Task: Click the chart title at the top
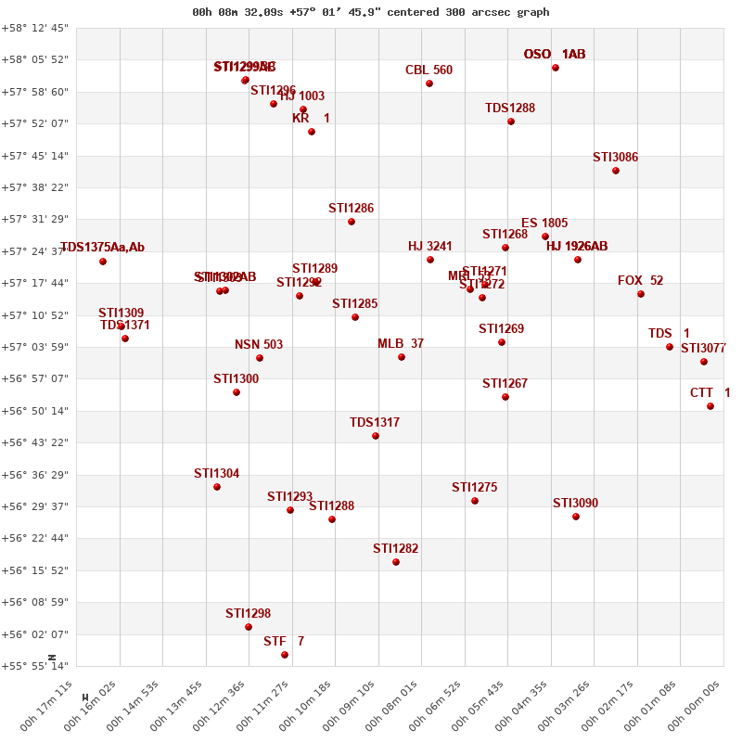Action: (371, 12)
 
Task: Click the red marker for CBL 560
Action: (429, 83)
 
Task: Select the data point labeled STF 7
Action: (285, 655)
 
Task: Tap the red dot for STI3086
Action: (616, 171)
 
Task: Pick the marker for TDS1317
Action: (376, 436)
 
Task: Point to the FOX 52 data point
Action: (641, 294)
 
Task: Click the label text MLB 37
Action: (401, 344)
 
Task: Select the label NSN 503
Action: (259, 345)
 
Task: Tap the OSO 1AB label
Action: (555, 55)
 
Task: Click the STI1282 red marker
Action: (396, 562)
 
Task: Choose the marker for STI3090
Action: (576, 517)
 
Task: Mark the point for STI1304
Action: (217, 487)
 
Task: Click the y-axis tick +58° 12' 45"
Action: (35, 28)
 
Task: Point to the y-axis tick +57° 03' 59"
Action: (35, 347)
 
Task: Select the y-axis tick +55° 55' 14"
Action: (35, 666)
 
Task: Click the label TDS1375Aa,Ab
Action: (103, 248)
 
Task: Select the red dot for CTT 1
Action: (710, 406)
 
